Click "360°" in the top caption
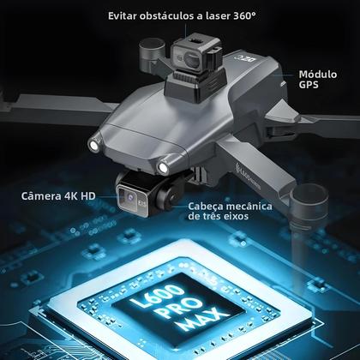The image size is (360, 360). point(239,17)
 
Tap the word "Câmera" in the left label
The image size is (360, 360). point(41,196)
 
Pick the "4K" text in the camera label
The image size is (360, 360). point(73,196)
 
